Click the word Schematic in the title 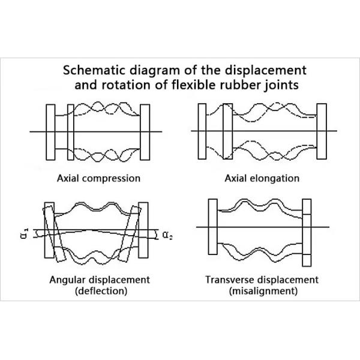click(x=92, y=69)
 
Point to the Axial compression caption click(x=98, y=178)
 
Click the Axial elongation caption click(x=262, y=178)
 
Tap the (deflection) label click(x=98, y=292)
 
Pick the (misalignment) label click(x=262, y=292)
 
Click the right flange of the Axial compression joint click(x=145, y=131)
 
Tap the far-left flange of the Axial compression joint click(x=50, y=131)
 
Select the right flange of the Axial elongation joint click(x=321, y=131)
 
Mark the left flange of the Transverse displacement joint click(x=211, y=227)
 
